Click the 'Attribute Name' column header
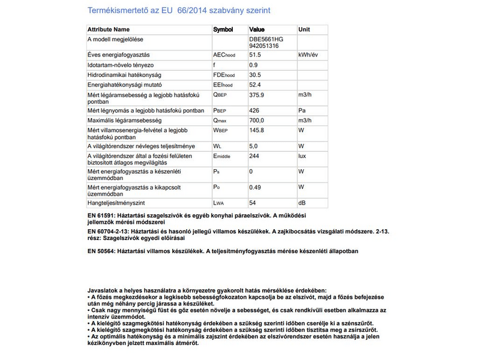click(109, 29)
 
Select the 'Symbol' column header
click(223, 29)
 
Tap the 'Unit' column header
click(304, 29)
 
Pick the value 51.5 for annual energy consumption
click(256, 55)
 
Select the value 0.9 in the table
click(253, 65)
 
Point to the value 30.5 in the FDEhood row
click(256, 75)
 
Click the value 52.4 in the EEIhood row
click(256, 85)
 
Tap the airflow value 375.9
click(257, 95)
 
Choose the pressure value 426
click(254, 111)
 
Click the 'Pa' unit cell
click(302, 111)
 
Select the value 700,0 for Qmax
click(257, 121)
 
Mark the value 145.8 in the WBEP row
click(257, 130)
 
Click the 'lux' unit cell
click(303, 156)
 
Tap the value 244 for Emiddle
click(254, 156)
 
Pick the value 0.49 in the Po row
click(255, 188)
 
